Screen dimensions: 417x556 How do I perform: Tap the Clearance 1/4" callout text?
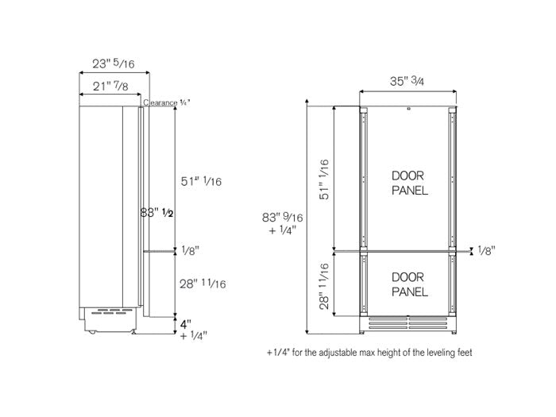click(x=167, y=102)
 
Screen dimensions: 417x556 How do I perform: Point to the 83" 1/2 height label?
click(x=156, y=214)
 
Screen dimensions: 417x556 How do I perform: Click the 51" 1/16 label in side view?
click(x=200, y=182)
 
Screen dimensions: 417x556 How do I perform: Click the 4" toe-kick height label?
click(x=185, y=323)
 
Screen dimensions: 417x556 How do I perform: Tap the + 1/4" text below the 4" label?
click(x=193, y=336)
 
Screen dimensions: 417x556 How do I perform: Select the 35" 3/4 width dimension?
click(x=410, y=81)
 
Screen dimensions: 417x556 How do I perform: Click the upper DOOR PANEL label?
click(x=410, y=182)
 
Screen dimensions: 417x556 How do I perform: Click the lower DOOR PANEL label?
click(x=410, y=284)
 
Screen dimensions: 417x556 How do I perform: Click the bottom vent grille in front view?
click(x=410, y=324)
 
